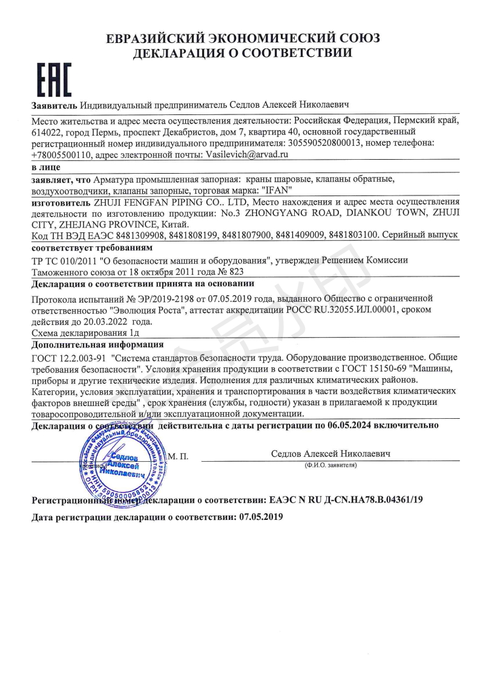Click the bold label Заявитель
click(54, 105)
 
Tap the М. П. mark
click(178, 455)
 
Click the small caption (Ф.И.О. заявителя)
click(330, 465)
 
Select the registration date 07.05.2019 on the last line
click(261, 518)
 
